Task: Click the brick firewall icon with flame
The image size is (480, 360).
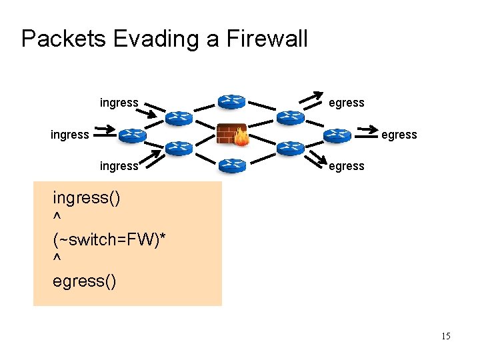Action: (x=232, y=134)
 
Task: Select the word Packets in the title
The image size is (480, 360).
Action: (x=63, y=39)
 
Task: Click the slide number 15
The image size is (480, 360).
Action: (x=445, y=336)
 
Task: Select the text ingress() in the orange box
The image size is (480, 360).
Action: (x=87, y=199)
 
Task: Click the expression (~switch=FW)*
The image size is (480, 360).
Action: (x=109, y=239)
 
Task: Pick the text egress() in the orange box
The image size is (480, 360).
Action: (x=84, y=281)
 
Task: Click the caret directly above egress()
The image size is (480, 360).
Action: (x=57, y=261)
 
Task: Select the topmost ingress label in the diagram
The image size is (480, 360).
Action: (x=119, y=103)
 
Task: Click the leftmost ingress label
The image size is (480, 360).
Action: (x=69, y=135)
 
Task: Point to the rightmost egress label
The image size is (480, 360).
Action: (x=399, y=135)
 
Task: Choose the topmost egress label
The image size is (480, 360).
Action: (x=347, y=103)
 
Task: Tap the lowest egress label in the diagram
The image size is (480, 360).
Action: (x=347, y=166)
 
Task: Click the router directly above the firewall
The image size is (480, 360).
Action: (x=231, y=102)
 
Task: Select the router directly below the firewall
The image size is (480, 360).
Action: (x=231, y=165)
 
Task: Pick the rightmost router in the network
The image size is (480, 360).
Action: (x=338, y=135)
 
